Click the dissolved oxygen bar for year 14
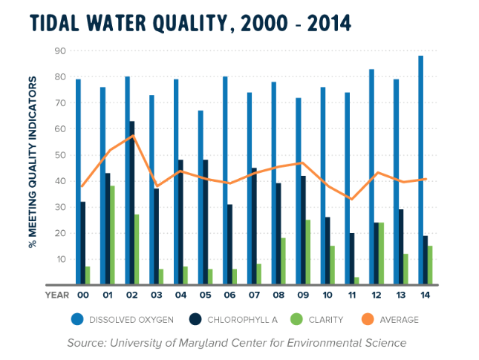[x=420, y=170]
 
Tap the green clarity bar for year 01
[x=113, y=235]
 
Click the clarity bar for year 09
[x=308, y=252]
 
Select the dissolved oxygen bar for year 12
[x=371, y=177]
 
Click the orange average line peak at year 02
[x=132, y=136]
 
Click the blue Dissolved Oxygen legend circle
[x=79, y=319]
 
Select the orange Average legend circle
[x=369, y=319]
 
